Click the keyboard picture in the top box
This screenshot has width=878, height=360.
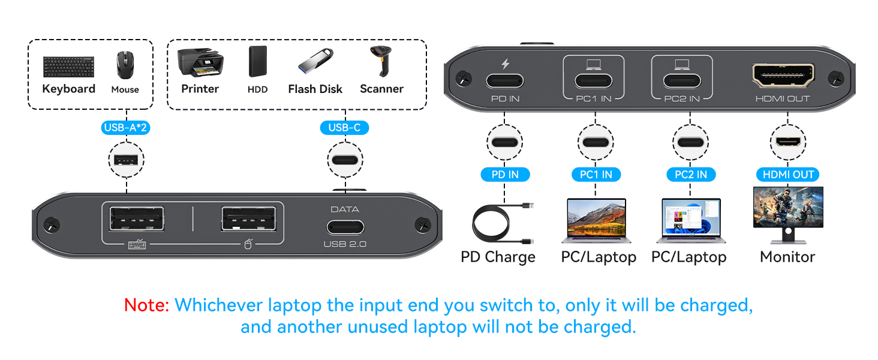coord(68,67)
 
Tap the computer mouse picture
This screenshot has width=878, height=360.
coord(125,65)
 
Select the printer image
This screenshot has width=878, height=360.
coord(200,62)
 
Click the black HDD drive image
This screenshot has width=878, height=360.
coord(257,62)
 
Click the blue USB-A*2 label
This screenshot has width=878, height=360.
coord(126,127)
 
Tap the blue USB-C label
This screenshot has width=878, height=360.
coord(345,127)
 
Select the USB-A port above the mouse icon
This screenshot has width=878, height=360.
coord(249,219)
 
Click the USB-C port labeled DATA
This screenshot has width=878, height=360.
coord(345,227)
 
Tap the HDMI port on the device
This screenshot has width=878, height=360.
coord(783,77)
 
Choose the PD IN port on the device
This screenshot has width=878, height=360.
coord(505,80)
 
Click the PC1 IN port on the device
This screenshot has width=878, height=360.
coord(593,80)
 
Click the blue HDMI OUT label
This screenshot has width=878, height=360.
coord(787,175)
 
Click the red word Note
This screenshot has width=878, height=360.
coord(146,305)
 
